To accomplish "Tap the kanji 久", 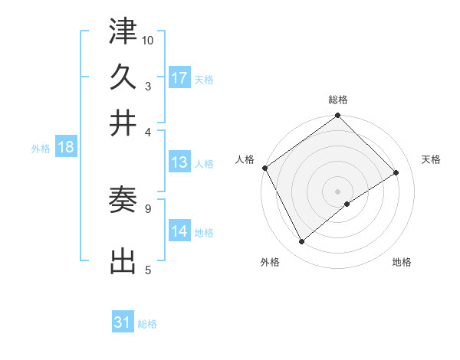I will (x=123, y=77).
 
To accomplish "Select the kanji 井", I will (x=123, y=122).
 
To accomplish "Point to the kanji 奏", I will (x=123, y=201).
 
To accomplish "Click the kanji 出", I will (x=123, y=262).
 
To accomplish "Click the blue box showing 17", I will (x=179, y=78).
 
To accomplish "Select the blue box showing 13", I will (x=179, y=162).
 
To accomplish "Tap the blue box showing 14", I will (x=179, y=231).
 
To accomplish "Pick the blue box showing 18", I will (x=65, y=148).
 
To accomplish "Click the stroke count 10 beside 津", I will (x=148, y=39).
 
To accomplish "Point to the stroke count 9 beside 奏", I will (x=147, y=208).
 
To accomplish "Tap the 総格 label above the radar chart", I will (x=338, y=100).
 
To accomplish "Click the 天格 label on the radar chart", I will (x=432, y=159).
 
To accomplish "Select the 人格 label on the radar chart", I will (x=245, y=159).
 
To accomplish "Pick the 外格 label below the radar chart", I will (x=270, y=263).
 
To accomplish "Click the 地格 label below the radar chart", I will (x=402, y=263).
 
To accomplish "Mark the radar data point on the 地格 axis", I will (x=347, y=204).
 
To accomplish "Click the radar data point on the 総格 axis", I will (x=338, y=116).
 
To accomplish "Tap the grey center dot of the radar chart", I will (x=338, y=190).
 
